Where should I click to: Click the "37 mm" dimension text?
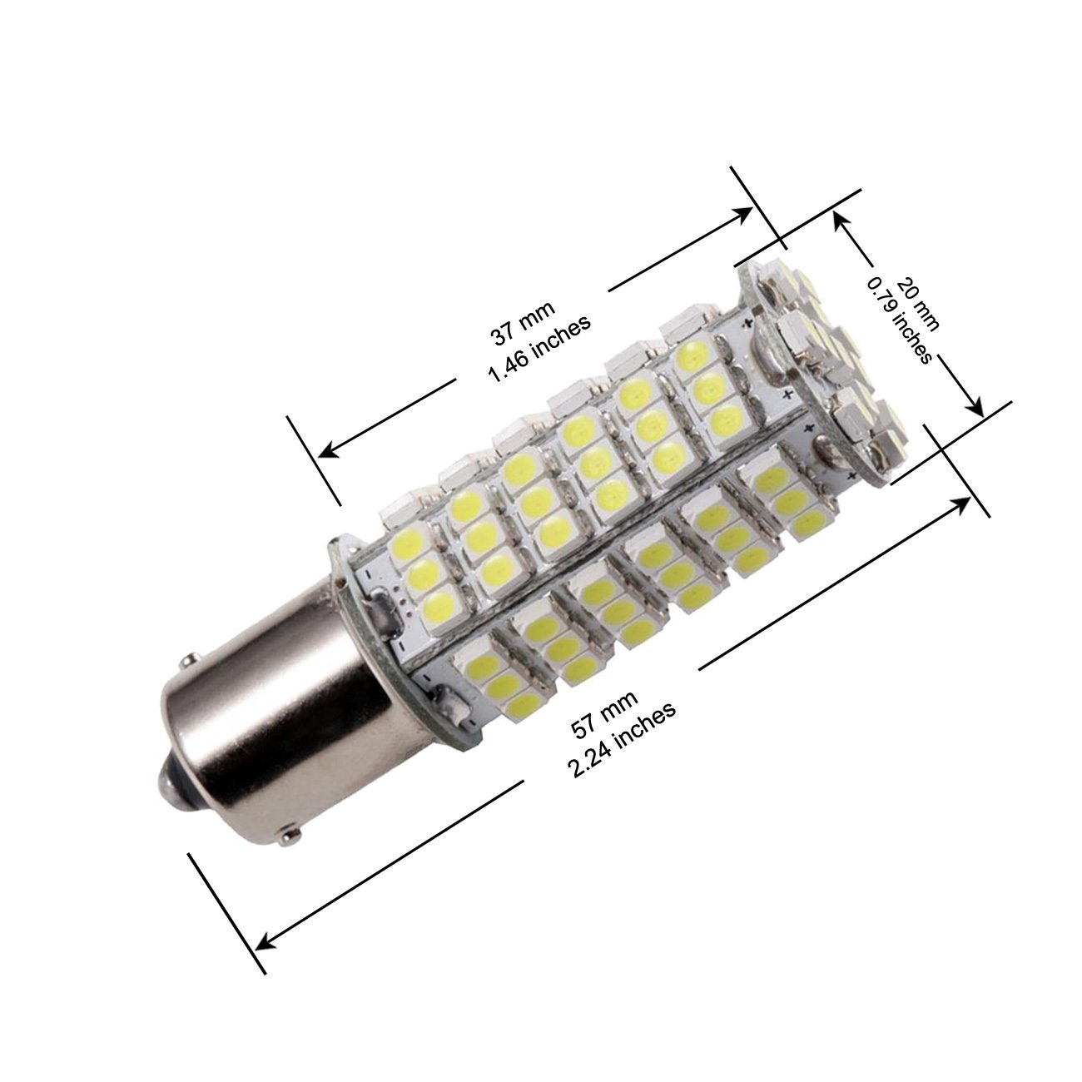click(x=524, y=322)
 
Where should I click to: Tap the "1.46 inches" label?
click(x=540, y=348)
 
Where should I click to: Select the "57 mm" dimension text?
click(x=604, y=713)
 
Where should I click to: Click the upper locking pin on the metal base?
click(x=191, y=660)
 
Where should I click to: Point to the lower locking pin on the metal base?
click(x=291, y=852)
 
